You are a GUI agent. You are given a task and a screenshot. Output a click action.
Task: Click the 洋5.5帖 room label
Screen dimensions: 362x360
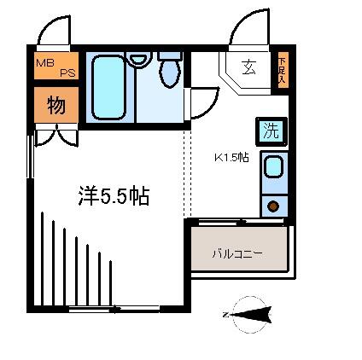[x=114, y=196]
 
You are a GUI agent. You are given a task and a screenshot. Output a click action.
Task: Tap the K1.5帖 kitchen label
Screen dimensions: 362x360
[x=231, y=157]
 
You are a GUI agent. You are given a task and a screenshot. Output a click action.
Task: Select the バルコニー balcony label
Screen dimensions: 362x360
[x=237, y=253]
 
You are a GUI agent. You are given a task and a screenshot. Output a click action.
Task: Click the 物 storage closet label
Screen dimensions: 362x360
[x=56, y=105]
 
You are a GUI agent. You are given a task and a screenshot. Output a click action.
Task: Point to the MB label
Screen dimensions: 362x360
[x=45, y=63]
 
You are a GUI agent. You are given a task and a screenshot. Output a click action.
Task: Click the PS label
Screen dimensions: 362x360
[x=67, y=73]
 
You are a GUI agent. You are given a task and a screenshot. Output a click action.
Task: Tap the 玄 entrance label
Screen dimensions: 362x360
[x=249, y=67]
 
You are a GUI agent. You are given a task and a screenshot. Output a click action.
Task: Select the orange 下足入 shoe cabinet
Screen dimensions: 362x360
[x=283, y=70]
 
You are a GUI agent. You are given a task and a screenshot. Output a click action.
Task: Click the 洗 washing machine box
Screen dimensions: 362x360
[x=271, y=131]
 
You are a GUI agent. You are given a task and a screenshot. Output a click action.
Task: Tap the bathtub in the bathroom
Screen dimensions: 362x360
[x=109, y=88]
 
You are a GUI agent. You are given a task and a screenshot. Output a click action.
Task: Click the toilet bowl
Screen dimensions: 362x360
[x=170, y=71]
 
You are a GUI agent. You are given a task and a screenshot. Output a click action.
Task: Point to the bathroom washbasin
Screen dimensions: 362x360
[x=137, y=59]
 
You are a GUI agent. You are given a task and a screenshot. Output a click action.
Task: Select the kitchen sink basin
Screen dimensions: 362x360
[x=274, y=167]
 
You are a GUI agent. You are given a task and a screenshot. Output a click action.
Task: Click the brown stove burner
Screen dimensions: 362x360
[x=273, y=206]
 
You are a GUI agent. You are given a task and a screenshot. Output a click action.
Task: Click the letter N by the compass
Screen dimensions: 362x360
[x=225, y=315]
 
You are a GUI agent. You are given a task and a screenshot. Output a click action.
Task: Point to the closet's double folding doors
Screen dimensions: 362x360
[x=56, y=135]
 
